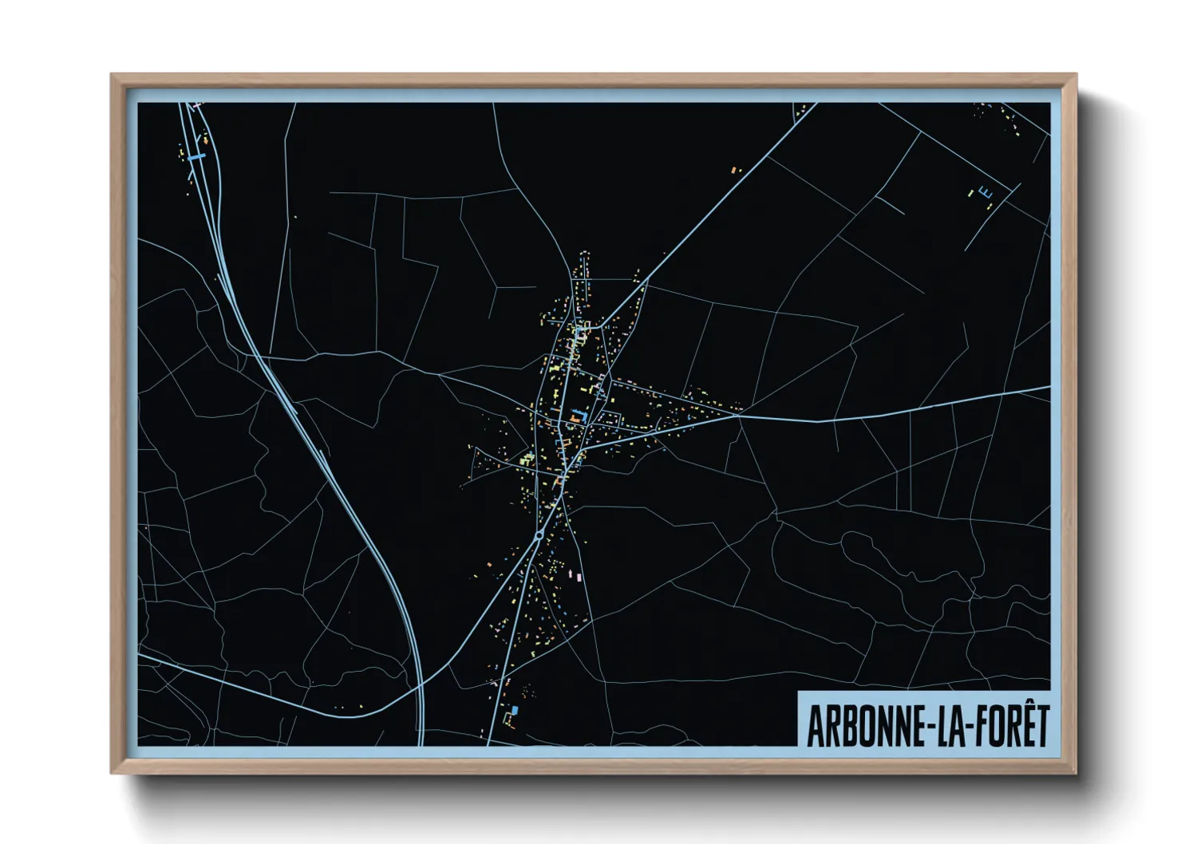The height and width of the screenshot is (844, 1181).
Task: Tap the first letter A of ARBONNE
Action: click(x=816, y=726)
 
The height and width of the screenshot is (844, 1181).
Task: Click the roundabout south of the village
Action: click(x=539, y=535)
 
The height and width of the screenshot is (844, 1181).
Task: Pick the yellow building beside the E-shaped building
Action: click(x=970, y=193)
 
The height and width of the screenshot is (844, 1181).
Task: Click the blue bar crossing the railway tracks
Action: click(x=197, y=156)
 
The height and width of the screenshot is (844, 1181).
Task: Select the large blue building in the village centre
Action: click(x=577, y=416)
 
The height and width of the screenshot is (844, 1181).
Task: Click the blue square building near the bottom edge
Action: click(x=515, y=710)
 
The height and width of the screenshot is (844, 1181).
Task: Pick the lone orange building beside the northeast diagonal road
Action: click(x=735, y=170)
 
